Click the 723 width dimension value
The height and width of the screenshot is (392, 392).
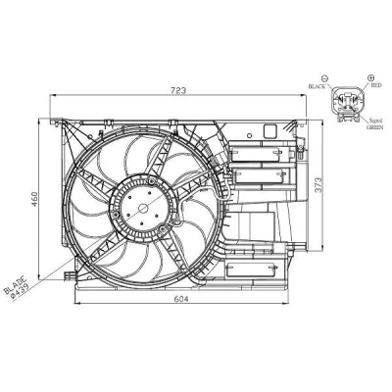pyautogui.click(x=179, y=90)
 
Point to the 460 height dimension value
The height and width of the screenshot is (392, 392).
pyautogui.click(x=34, y=199)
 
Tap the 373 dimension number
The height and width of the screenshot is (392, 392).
pyautogui.click(x=318, y=184)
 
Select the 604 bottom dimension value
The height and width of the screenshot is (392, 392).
pyautogui.click(x=180, y=299)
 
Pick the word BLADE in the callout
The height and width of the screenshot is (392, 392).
pyautogui.click(x=15, y=285)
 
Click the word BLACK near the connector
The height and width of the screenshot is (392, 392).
pyautogui.click(x=317, y=86)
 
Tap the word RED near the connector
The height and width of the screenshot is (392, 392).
pyautogui.click(x=376, y=85)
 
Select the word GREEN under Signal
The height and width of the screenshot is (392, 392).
pyautogui.click(x=374, y=127)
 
